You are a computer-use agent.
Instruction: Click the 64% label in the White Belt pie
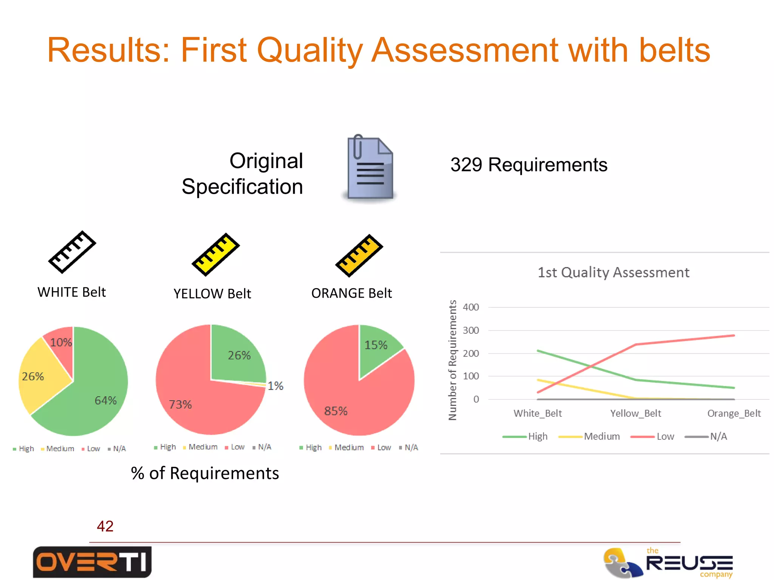[105, 400]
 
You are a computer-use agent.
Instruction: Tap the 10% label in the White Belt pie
[61, 342]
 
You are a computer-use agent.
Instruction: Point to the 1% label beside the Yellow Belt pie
[276, 386]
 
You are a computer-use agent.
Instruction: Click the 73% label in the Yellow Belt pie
[180, 404]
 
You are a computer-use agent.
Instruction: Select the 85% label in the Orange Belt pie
[336, 411]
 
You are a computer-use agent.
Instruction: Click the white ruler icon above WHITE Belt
[72, 252]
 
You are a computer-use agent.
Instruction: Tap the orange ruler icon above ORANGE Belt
[359, 256]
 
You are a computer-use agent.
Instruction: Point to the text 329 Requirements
[529, 165]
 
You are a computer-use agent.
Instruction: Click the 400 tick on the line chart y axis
[471, 307]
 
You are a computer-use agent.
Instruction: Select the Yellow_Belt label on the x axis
[636, 413]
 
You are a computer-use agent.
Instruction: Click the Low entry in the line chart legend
[665, 436]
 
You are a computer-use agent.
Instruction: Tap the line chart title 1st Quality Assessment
[613, 272]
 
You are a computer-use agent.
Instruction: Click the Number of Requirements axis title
[452, 360]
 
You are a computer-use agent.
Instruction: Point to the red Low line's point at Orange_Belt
[734, 335]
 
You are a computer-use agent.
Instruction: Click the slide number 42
[105, 526]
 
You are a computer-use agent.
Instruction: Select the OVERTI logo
[92, 562]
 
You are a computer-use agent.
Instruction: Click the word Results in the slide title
[108, 50]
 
